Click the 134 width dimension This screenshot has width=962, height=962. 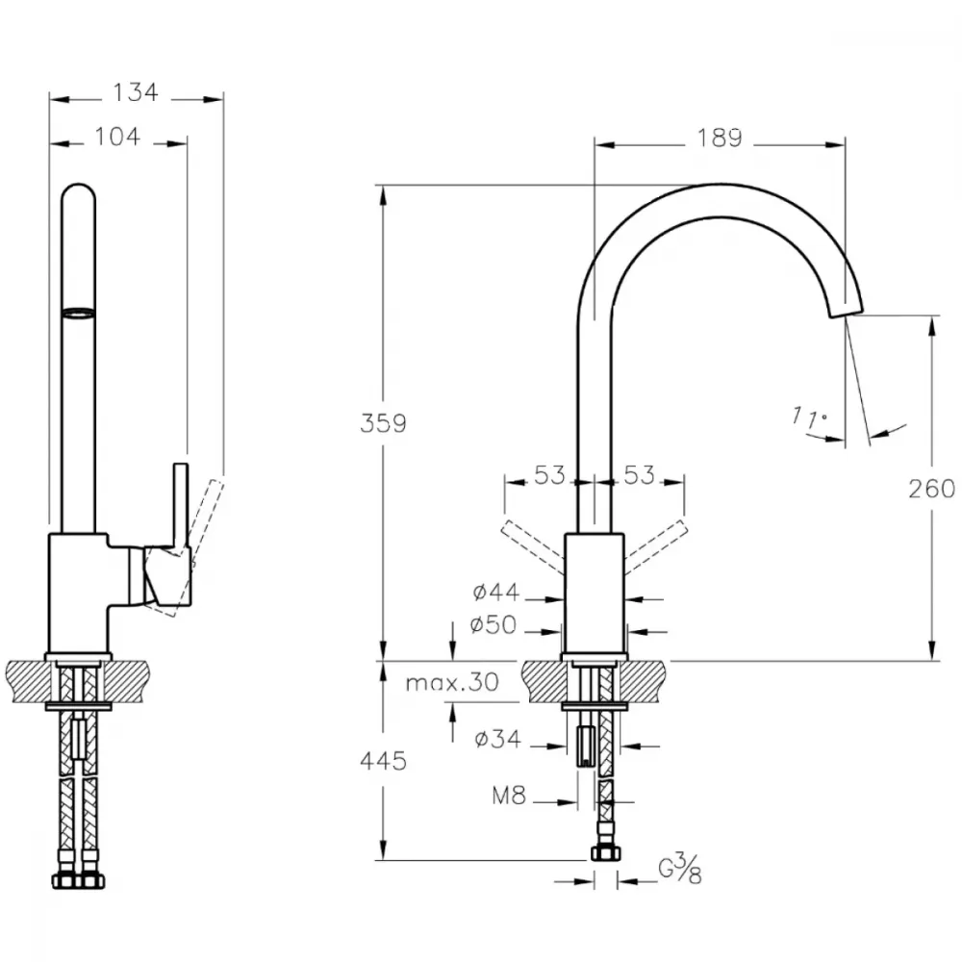(136, 92)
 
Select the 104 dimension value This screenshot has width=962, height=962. (117, 137)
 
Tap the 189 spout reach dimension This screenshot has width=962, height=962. (720, 138)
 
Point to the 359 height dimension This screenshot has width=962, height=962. (383, 423)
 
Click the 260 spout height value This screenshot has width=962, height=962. (932, 489)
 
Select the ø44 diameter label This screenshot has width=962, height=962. (495, 592)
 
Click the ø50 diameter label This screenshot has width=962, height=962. (494, 624)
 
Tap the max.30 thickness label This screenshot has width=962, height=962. (452, 682)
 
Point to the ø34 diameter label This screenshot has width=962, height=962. (497, 739)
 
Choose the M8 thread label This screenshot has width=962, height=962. (509, 796)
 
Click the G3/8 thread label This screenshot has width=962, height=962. (680, 869)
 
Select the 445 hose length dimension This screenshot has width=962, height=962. (383, 761)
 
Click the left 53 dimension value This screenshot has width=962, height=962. (549, 475)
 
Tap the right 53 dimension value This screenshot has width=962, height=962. (640, 475)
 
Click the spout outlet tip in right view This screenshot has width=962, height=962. (847, 311)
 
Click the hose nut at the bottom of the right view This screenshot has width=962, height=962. (605, 852)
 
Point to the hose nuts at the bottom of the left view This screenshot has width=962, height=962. (78, 881)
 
